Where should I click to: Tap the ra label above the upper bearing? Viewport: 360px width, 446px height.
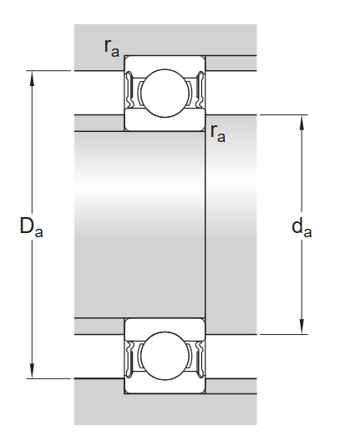click(112, 48)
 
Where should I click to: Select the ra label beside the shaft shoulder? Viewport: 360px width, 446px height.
click(218, 132)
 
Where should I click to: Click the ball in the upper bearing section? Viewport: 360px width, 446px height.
click(165, 92)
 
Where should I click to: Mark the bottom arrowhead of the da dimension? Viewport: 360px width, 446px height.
click(302, 328)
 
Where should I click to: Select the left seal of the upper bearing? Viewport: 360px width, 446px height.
click(130, 91)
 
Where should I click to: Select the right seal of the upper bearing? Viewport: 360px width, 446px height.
click(200, 91)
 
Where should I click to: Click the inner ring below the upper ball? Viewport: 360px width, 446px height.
click(165, 124)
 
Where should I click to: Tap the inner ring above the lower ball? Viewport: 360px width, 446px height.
click(165, 324)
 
